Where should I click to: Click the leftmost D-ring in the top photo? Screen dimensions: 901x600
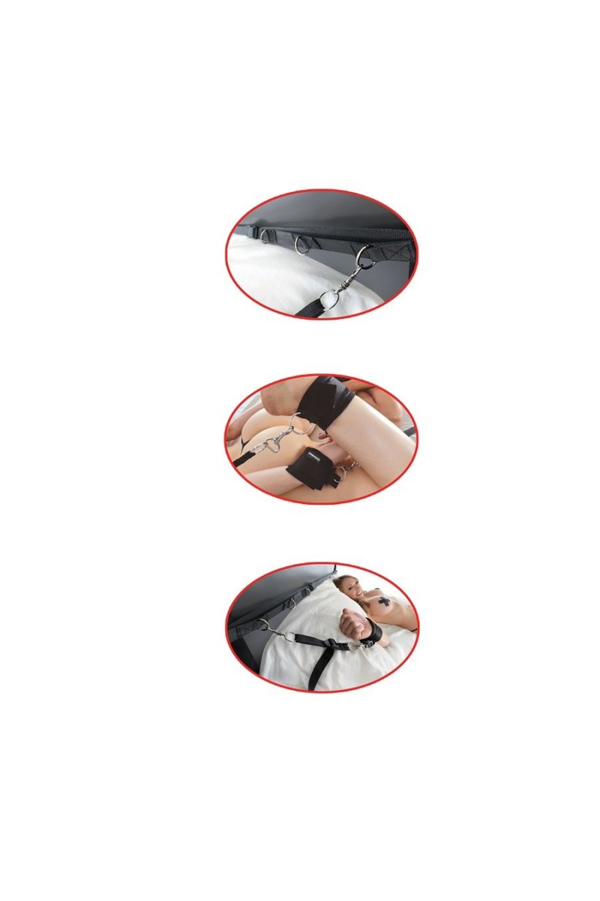(x=268, y=237)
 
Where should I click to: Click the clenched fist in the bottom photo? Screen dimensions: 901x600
(x=350, y=621)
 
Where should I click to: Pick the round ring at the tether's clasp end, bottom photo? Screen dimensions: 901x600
(x=287, y=637)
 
